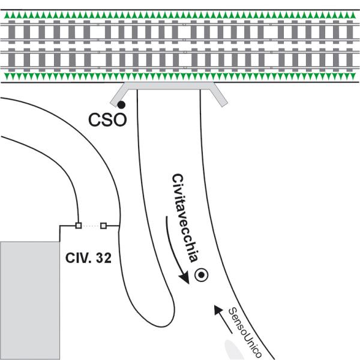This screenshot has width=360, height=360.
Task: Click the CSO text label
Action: (107, 119)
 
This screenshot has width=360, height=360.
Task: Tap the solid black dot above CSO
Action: (121, 105)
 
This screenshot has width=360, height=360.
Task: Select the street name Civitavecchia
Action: (185, 218)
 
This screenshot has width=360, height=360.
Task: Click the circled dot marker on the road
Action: (202, 275)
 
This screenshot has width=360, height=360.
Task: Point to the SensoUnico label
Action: (245, 332)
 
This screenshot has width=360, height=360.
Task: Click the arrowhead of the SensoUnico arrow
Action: (218, 309)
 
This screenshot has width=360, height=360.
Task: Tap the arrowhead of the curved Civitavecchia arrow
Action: (184, 277)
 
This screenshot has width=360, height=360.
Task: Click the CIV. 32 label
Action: (88, 258)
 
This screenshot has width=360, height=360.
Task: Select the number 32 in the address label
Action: (104, 258)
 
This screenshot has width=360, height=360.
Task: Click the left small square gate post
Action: (79, 226)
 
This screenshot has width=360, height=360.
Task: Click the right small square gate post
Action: (104, 226)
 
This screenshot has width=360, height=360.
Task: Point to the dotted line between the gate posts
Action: (91, 226)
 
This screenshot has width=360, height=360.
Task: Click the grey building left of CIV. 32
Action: (30, 301)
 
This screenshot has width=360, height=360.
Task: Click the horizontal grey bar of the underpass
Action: (169, 86)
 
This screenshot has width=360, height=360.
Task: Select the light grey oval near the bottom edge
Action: (232, 350)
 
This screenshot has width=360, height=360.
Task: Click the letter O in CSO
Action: (119, 119)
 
